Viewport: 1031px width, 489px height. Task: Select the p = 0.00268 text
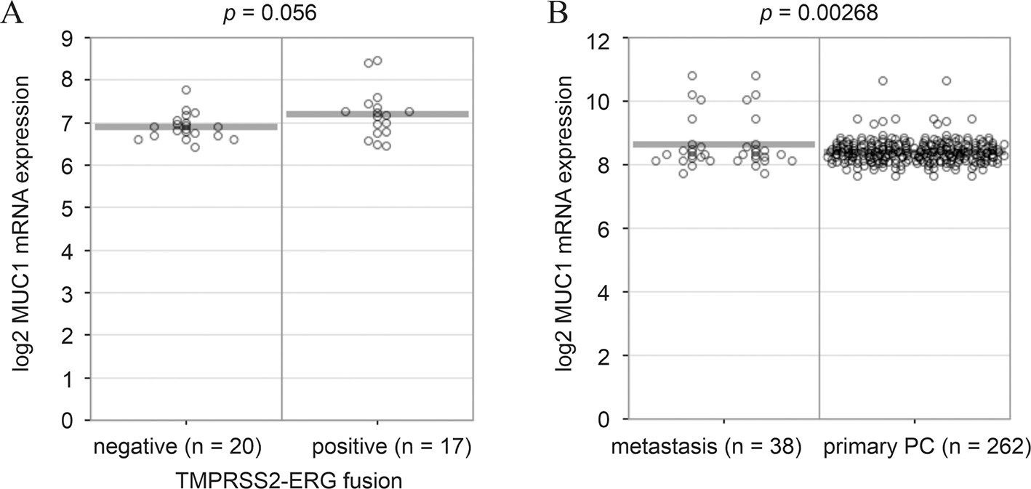click(x=818, y=13)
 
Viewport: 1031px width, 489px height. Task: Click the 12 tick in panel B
click(x=608, y=38)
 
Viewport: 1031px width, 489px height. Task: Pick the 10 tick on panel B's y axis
click(x=608, y=101)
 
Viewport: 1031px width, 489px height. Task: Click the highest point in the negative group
click(x=186, y=90)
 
